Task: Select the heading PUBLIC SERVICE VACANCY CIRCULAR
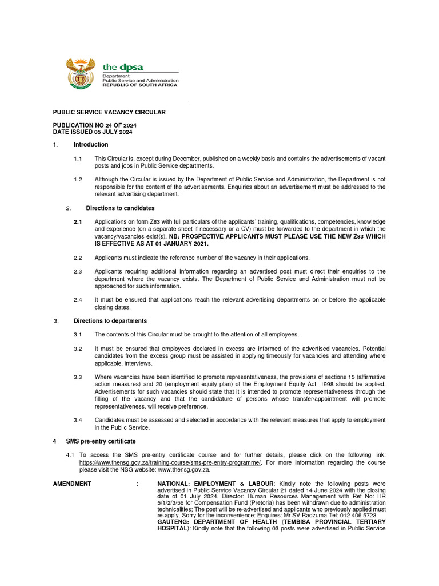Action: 109,112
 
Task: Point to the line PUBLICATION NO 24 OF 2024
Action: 94,125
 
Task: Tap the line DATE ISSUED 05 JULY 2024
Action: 93,132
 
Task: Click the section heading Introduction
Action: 91,144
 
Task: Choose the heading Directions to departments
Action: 110,321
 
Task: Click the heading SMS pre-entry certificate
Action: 101,441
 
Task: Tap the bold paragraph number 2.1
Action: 78,221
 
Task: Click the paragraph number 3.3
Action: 78,377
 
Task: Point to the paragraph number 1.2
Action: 78,179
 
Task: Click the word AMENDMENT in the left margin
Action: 72,484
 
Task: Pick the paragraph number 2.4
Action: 78,300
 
